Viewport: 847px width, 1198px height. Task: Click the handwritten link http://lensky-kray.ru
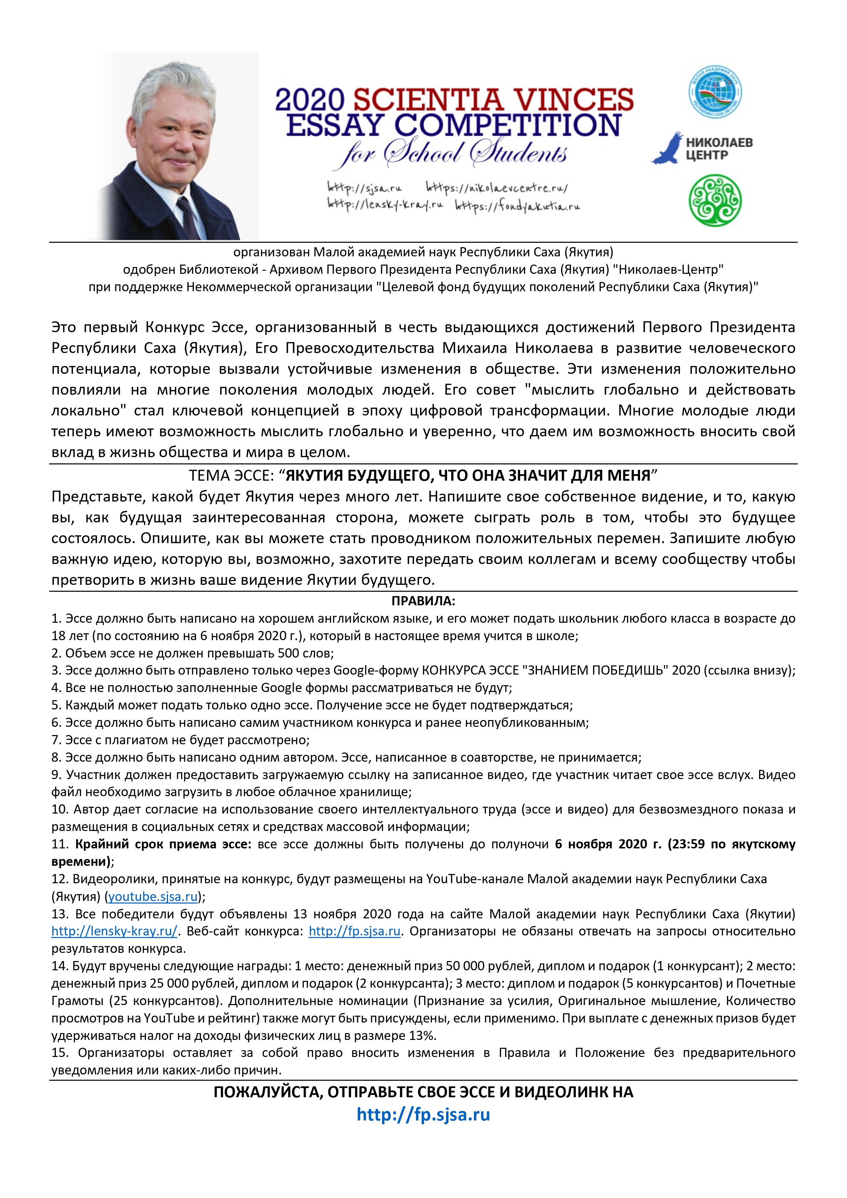(385, 205)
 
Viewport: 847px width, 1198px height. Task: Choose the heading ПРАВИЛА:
(423, 601)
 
